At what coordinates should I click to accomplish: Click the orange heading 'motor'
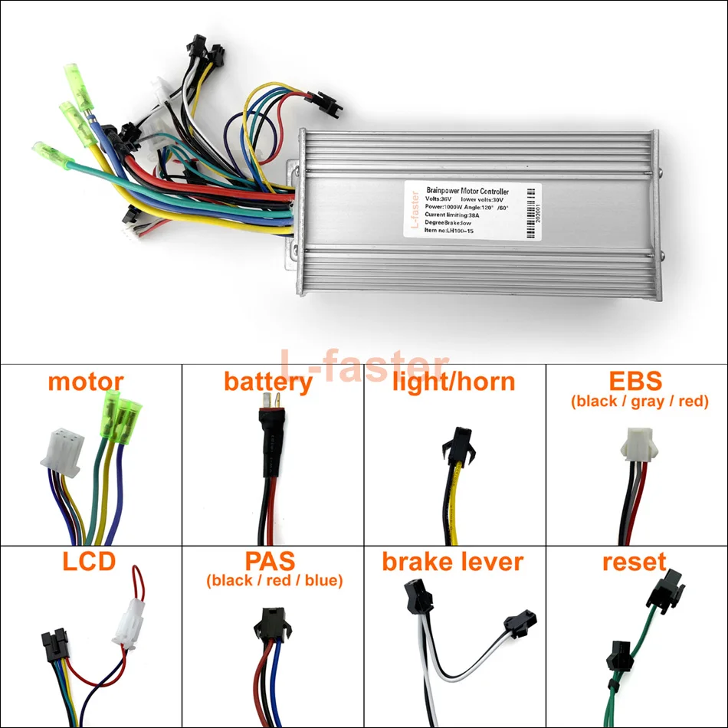pyautogui.click(x=85, y=381)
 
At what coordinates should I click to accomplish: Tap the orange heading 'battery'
pyautogui.click(x=268, y=381)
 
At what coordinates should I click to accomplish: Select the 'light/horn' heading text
pyautogui.click(x=454, y=381)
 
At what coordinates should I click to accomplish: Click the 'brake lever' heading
pyautogui.click(x=453, y=562)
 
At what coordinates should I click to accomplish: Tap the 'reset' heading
pyautogui.click(x=635, y=562)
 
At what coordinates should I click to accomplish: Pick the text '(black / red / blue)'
pyautogui.click(x=274, y=581)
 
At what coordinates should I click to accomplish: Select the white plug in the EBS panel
pyautogui.click(x=638, y=441)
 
